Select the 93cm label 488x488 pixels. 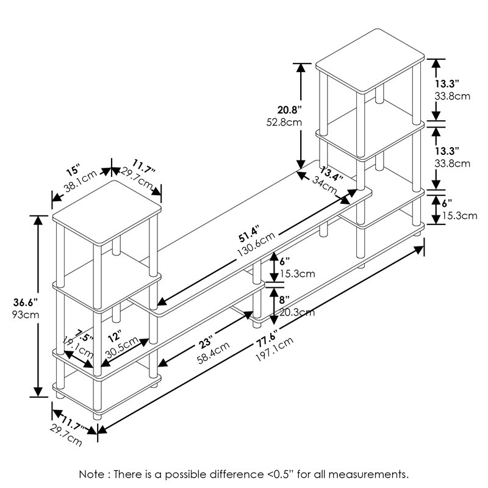tap(24, 315)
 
